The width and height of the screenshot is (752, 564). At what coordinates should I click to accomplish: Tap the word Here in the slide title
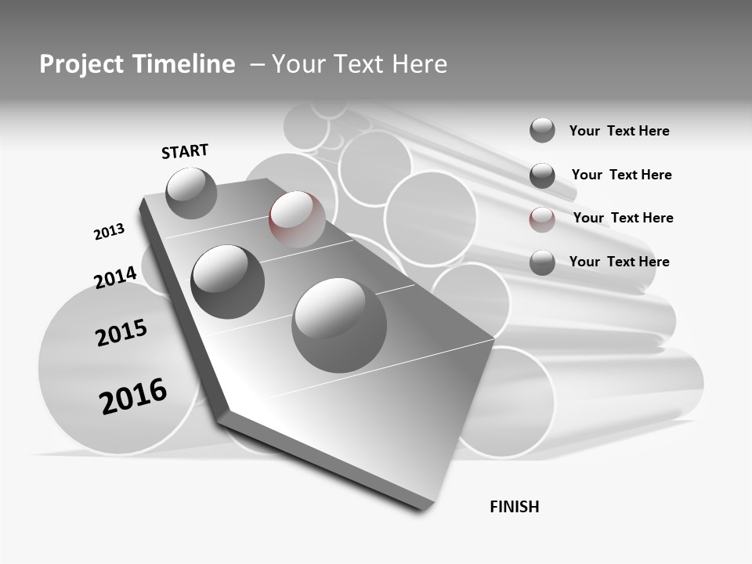[416, 64]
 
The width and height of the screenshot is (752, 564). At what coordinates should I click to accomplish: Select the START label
[185, 151]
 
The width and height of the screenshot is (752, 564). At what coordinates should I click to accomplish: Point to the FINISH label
[514, 507]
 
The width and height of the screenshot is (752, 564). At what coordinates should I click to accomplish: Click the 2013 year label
[109, 232]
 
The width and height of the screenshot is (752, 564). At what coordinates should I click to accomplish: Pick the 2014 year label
[115, 277]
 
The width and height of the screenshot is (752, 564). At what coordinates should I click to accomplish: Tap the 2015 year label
[121, 333]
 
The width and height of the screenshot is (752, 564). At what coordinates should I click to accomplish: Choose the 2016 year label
[133, 396]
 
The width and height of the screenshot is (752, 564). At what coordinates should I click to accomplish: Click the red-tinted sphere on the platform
[297, 219]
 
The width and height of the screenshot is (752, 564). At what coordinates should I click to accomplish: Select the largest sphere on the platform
[339, 325]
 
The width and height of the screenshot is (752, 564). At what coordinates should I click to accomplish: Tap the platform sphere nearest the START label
[191, 193]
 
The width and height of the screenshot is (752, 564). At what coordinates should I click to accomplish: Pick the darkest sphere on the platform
[227, 281]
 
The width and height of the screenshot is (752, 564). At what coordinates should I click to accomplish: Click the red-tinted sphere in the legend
[542, 219]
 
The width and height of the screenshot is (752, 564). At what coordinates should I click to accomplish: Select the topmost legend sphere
[542, 130]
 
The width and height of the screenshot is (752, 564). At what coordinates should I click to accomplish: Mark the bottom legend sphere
[542, 262]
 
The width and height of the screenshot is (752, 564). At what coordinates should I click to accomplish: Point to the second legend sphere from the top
[542, 175]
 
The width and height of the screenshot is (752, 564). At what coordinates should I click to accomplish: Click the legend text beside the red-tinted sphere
[623, 218]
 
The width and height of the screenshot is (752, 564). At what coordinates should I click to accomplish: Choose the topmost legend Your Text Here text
[619, 131]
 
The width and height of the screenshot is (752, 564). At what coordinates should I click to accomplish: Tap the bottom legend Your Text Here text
[619, 262]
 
